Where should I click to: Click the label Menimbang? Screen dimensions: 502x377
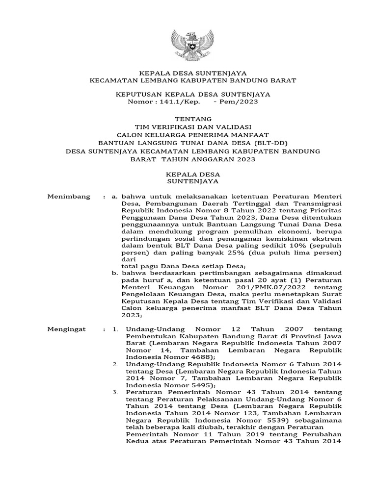coord(69,197)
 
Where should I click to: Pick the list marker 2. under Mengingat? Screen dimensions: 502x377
coord(115,365)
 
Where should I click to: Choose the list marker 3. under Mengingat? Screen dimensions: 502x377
coord(115,393)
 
